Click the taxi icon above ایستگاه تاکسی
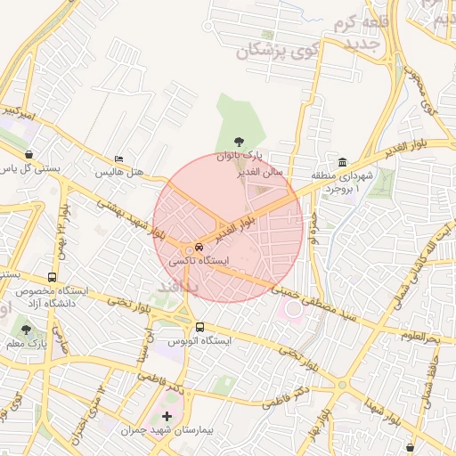199,247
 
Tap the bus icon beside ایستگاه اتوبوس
199,327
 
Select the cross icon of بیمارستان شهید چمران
167,416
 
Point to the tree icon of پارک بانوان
238,141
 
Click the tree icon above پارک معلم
25,330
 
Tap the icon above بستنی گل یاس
30,153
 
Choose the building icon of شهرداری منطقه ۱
343,161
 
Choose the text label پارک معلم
25,343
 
